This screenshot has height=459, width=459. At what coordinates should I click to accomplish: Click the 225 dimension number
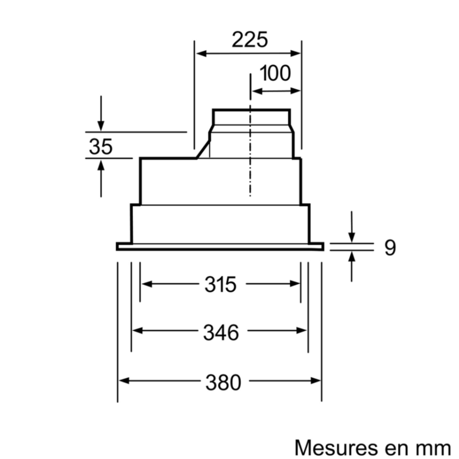click(249, 40)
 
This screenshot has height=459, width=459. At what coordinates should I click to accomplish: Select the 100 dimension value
click(275, 73)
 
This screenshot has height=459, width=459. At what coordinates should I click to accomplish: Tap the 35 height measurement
click(101, 146)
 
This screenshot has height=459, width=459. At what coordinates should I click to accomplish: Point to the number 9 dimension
click(389, 248)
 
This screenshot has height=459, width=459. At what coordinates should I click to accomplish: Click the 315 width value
click(220, 285)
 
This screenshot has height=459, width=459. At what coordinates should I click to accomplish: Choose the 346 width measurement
click(221, 332)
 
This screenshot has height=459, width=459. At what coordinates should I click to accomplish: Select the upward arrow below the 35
click(101, 166)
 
